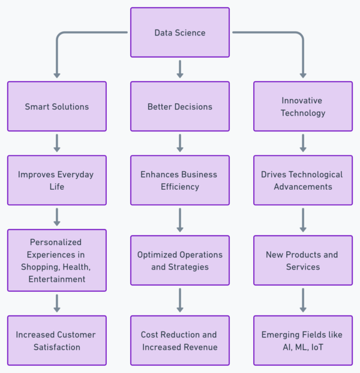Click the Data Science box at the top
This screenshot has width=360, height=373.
pyautogui.click(x=180, y=32)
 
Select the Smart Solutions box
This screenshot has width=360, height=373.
pyautogui.click(x=57, y=106)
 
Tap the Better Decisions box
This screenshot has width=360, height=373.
pyautogui.click(x=180, y=106)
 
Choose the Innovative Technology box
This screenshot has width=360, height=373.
pyautogui.click(x=303, y=106)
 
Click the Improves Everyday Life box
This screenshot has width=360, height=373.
pyautogui.click(x=57, y=180)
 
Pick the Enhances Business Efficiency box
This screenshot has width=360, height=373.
pyautogui.click(x=180, y=180)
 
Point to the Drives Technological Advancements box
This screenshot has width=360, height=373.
pyautogui.click(x=303, y=180)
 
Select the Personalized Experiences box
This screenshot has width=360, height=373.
pyautogui.click(x=57, y=260)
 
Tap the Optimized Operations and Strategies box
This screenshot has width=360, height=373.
pyautogui.click(x=180, y=260)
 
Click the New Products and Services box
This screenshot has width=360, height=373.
pyautogui.click(x=303, y=260)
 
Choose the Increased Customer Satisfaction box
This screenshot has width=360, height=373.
pyautogui.click(x=57, y=341)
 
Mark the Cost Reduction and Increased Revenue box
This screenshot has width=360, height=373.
pyautogui.click(x=180, y=341)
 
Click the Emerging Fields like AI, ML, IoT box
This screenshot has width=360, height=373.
pyautogui.click(x=303, y=341)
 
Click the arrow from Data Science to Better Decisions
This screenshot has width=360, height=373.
pyautogui.click(x=180, y=68)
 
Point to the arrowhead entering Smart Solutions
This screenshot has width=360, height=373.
pyautogui.click(x=57, y=75)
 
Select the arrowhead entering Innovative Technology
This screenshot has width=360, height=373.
pyautogui.click(x=303, y=75)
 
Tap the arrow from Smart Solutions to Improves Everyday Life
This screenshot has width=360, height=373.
pyautogui.click(x=57, y=143)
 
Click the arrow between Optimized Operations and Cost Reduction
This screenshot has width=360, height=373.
pyautogui.click(x=180, y=300)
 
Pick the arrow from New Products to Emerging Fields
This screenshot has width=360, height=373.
pyautogui.click(x=303, y=300)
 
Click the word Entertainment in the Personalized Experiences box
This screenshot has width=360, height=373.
pyautogui.click(x=57, y=279)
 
